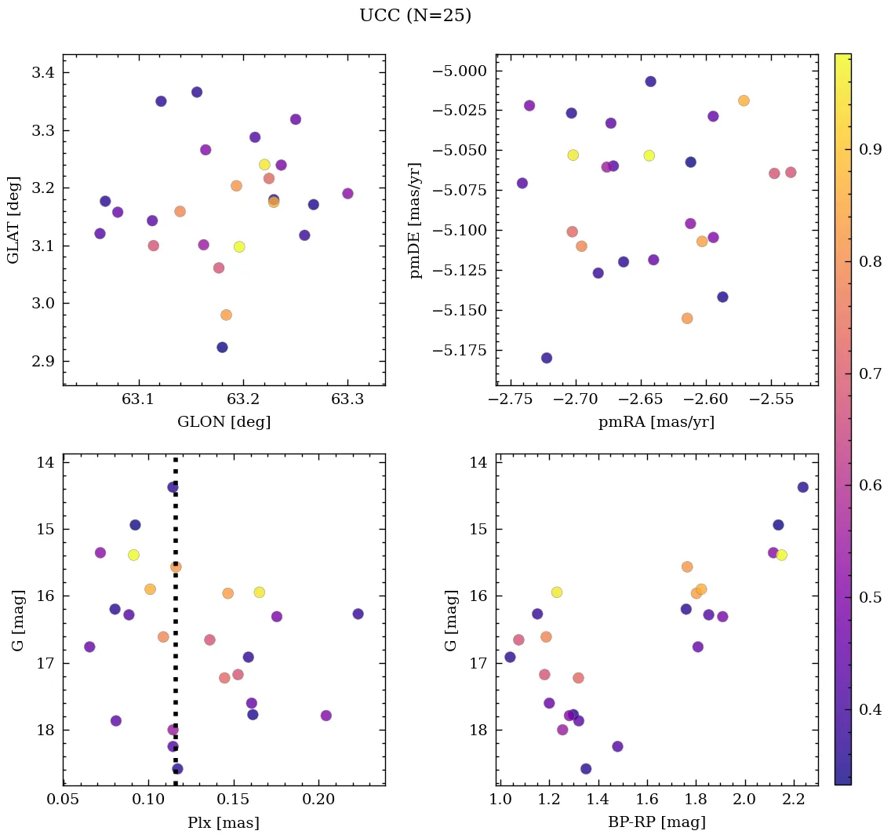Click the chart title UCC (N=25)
tap(415, 16)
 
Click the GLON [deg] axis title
tap(224, 422)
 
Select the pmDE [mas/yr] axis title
tap(416, 220)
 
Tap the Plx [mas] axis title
tap(224, 822)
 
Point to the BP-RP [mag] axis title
tap(656, 822)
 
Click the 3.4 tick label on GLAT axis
tap(41, 73)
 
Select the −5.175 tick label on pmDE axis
tap(457, 350)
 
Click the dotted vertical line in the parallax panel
tap(176, 628)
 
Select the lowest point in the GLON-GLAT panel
tap(222, 348)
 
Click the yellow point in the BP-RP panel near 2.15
tap(781, 555)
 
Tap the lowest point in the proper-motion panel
tap(547, 358)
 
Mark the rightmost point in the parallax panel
tap(358, 614)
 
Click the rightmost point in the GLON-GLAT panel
tap(347, 194)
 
